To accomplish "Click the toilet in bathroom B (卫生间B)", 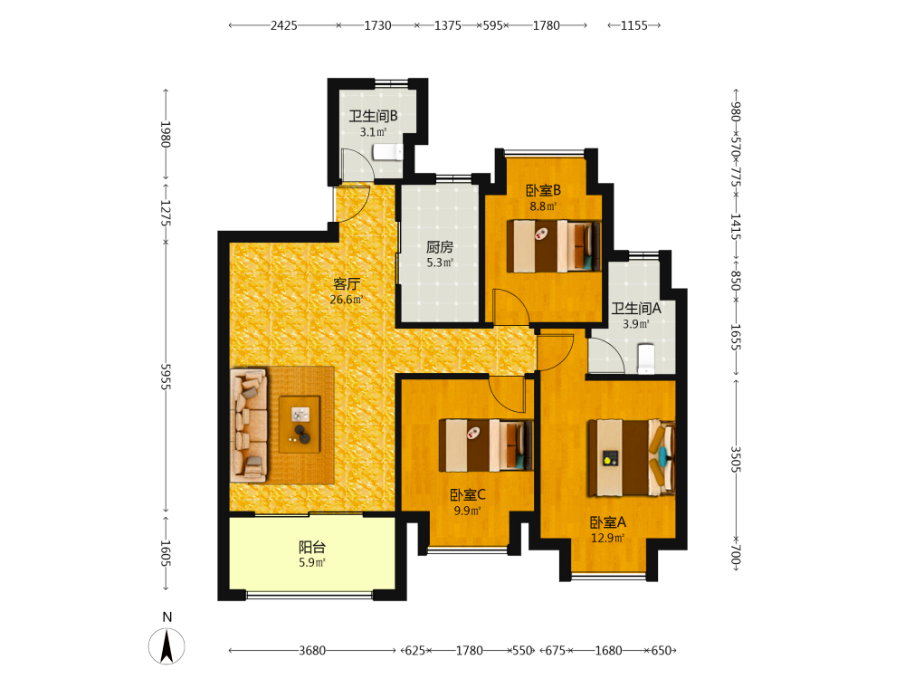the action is point(387,152).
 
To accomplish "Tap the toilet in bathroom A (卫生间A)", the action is point(646,359).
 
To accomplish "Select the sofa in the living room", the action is point(249,426).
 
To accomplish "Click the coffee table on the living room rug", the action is point(300,424).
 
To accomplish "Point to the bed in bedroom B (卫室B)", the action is point(554,246).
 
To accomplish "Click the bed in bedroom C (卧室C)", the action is point(485,445).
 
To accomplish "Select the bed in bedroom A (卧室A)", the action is point(631,458).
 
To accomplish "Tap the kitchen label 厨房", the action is point(440,247).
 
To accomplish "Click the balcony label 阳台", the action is point(312,547).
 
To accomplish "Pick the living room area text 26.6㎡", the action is point(347,300).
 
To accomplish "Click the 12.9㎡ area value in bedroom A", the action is point(608,538).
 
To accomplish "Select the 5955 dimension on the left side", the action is point(166,377).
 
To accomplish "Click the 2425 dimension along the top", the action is point(284,25).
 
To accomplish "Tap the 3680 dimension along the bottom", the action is point(312,651).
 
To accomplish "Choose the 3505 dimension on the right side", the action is point(736,459).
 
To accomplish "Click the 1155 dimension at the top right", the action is point(634,25).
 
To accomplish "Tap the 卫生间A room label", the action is point(636,309).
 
